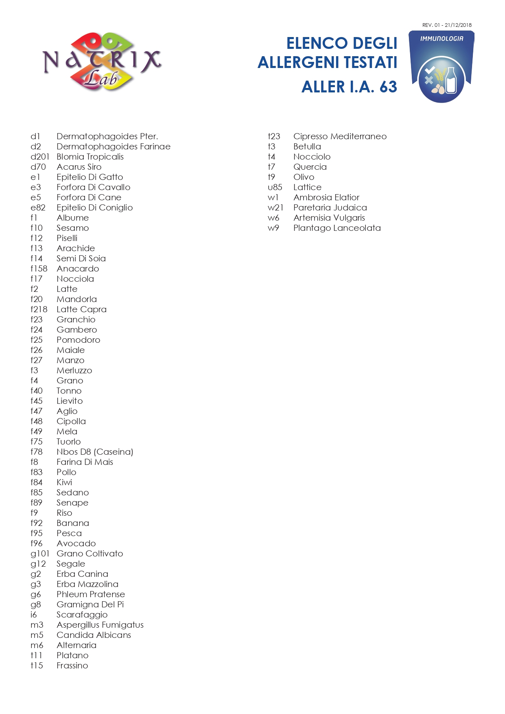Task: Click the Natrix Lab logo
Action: click(x=102, y=62)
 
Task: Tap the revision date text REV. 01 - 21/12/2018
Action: click(x=447, y=25)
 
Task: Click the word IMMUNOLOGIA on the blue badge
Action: click(x=442, y=39)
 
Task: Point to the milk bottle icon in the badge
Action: click(x=451, y=81)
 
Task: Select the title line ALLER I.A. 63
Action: click(x=349, y=87)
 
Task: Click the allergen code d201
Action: click(x=40, y=157)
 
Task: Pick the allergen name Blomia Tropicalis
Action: click(x=90, y=157)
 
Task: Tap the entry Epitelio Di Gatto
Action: click(x=90, y=177)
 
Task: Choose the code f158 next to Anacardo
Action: click(x=39, y=269)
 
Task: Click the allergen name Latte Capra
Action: click(x=81, y=309)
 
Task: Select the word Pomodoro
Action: click(x=78, y=340)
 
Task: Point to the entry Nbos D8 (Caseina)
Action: click(x=95, y=452)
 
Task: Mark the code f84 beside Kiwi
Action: click(x=37, y=482)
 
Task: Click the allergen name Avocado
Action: click(x=76, y=543)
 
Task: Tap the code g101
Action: click(x=40, y=554)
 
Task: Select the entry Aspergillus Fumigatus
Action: click(x=100, y=625)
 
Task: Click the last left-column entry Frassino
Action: click(x=72, y=666)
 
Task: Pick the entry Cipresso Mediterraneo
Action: click(x=340, y=136)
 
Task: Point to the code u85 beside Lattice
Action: click(x=275, y=187)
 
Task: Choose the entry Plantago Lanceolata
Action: click(x=337, y=228)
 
